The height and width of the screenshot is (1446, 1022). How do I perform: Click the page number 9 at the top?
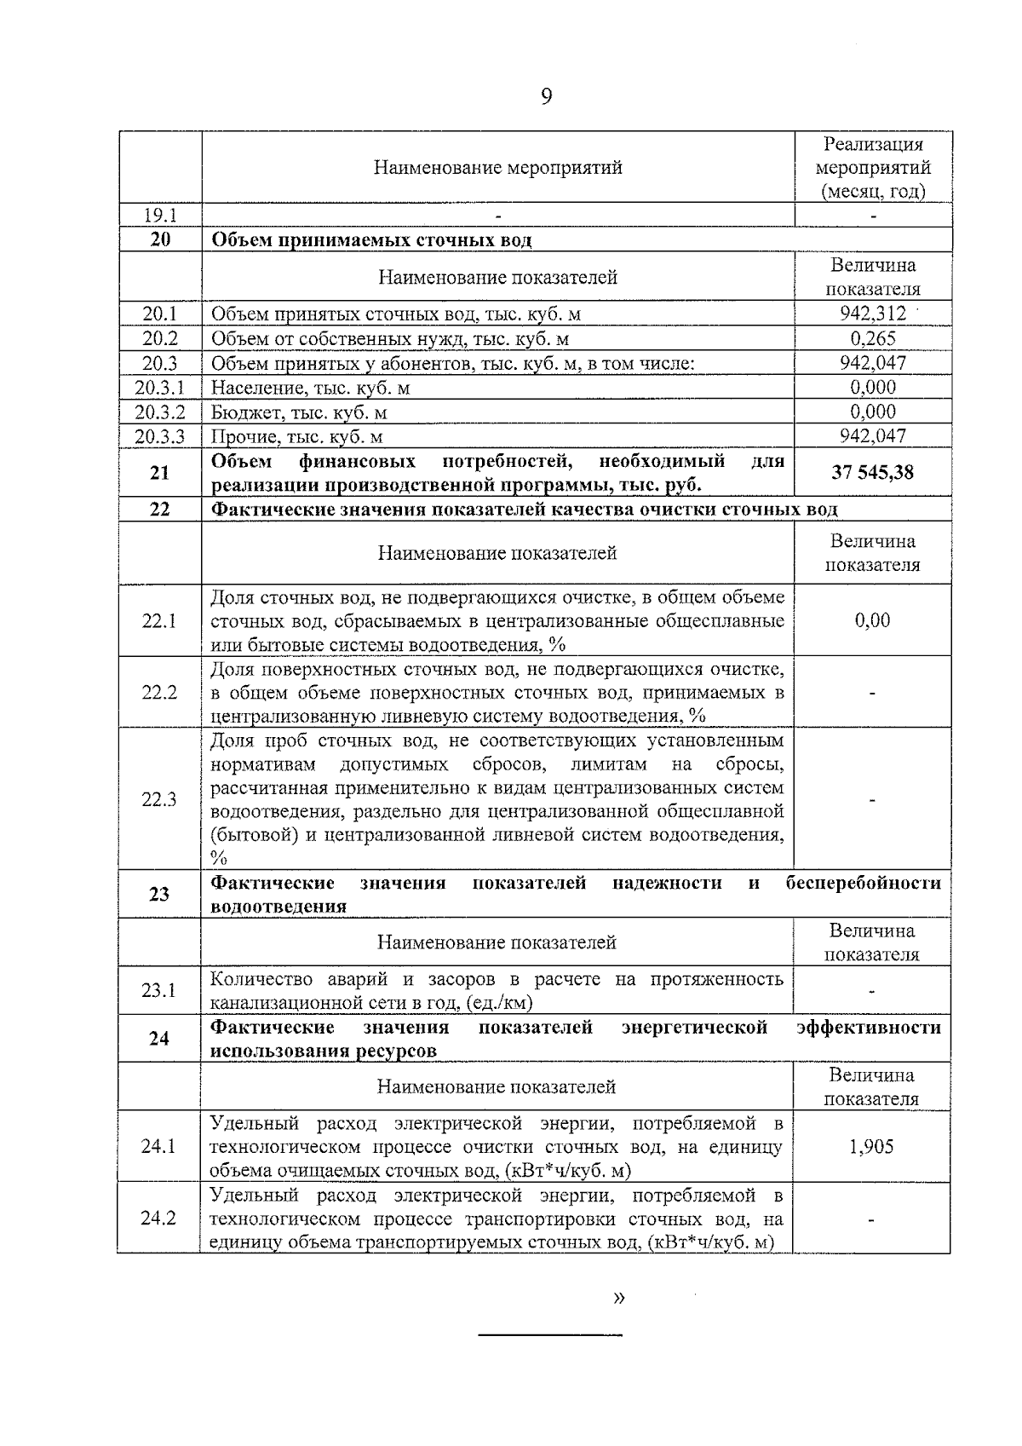point(546,96)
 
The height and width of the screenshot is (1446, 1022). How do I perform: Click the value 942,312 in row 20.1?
point(872,314)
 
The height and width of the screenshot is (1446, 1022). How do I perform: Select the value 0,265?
point(873,338)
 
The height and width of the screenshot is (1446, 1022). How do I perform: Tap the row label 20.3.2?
point(159,412)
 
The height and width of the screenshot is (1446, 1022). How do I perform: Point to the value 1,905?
point(871,1146)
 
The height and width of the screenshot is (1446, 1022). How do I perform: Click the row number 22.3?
point(159,799)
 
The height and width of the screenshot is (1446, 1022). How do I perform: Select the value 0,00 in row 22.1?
point(872,619)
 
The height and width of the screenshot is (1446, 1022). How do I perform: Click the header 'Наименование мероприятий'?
point(497,168)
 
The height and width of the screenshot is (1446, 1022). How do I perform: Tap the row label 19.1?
point(159,216)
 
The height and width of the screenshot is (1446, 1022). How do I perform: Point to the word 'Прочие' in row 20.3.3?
point(241,437)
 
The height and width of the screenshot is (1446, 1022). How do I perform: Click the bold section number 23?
point(159,894)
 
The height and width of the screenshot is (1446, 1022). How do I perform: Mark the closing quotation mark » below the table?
point(619,1299)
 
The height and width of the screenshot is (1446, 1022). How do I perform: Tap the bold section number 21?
point(159,472)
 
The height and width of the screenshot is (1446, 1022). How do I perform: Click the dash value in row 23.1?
point(872,991)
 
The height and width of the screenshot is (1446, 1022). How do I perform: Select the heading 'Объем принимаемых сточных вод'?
point(371,240)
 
